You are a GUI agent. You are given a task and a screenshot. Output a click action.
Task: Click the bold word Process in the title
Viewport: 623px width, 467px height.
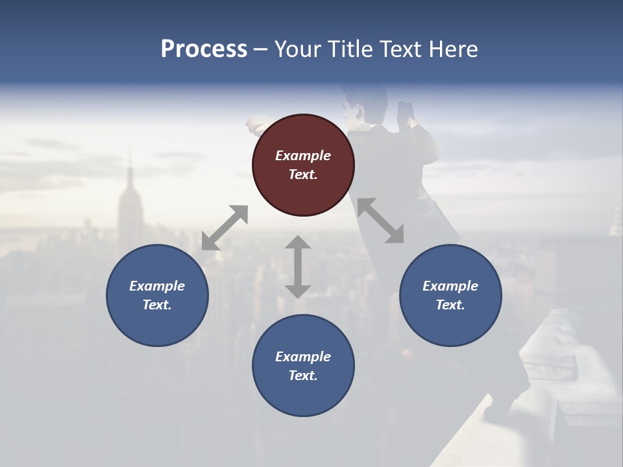204,49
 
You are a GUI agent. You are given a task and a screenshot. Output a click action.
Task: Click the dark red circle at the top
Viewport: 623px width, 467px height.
303,165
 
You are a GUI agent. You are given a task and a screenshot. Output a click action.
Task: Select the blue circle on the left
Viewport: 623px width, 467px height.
157,295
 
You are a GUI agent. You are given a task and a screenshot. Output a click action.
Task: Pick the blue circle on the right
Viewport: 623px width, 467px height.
450,295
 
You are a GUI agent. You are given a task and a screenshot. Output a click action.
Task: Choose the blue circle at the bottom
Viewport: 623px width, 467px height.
303,366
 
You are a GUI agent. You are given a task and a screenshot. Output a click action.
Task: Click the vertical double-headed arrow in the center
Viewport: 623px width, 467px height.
298,267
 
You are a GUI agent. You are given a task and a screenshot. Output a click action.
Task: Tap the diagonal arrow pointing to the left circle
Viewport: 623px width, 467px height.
225,228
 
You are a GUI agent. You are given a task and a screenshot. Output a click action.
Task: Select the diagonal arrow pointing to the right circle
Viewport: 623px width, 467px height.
381,221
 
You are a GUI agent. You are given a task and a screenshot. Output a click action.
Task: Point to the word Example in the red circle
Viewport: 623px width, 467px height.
303,156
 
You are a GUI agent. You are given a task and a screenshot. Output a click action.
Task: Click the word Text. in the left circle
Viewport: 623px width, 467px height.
157,305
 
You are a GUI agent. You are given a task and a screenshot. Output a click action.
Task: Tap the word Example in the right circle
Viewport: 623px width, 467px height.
450,286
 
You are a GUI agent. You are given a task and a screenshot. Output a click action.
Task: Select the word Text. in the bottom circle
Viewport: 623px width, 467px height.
303,376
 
